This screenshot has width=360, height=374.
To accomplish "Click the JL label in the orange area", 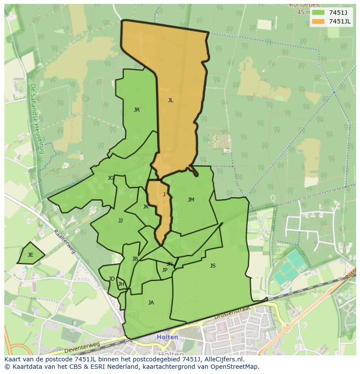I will pyautogui.click(x=170, y=100).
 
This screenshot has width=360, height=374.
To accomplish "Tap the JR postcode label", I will pyautogui.click(x=137, y=110).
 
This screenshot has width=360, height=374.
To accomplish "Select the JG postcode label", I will pyautogui.click(x=111, y=178).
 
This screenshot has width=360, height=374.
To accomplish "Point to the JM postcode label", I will pyautogui.click(x=191, y=200).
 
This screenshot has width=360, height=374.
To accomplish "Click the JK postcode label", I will pyautogui.click(x=146, y=207).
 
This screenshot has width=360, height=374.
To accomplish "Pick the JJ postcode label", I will pyautogui.click(x=120, y=221).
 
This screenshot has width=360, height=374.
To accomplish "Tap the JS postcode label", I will pyautogui.click(x=213, y=266).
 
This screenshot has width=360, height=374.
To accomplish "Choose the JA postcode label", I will pyautogui.click(x=151, y=303).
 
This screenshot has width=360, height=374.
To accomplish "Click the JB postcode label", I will pyautogui.click(x=135, y=259).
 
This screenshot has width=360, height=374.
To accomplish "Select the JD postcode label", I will pyautogui.click(x=112, y=279).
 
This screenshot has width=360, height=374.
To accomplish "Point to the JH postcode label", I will pyautogui.click(x=121, y=285).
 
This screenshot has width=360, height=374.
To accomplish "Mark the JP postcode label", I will pyautogui.click(x=164, y=270).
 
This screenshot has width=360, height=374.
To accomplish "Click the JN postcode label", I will pyautogui.click(x=170, y=264).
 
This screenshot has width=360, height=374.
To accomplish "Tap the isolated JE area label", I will pyautogui.click(x=30, y=255).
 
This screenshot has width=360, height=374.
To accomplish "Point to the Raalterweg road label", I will pyautogui.click(x=65, y=242).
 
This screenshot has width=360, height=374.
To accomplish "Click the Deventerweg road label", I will pyautogui.click(x=82, y=348).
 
